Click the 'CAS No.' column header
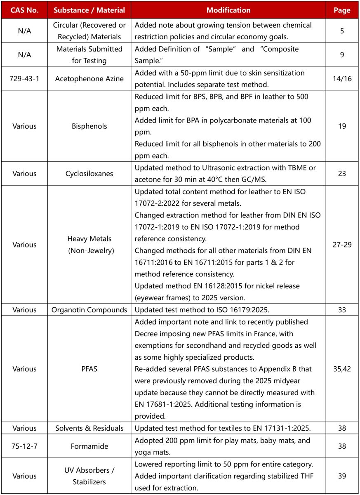point(24,10)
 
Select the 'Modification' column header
point(228,10)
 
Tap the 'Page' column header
point(342,10)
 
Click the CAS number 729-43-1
point(24,78)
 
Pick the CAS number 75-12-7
point(24,446)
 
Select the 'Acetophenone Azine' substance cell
point(89,78)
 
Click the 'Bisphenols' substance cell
point(89,126)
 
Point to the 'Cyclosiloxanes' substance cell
point(89,174)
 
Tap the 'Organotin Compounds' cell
point(89,310)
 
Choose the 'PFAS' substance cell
point(89,369)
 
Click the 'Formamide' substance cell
point(89,446)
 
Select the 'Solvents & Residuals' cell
point(89,428)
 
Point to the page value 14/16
point(342,78)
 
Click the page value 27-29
point(342,245)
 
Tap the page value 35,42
point(342,369)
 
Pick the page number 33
point(342,310)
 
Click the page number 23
point(342,174)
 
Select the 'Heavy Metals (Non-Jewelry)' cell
point(89,245)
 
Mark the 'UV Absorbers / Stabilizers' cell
point(89,476)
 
